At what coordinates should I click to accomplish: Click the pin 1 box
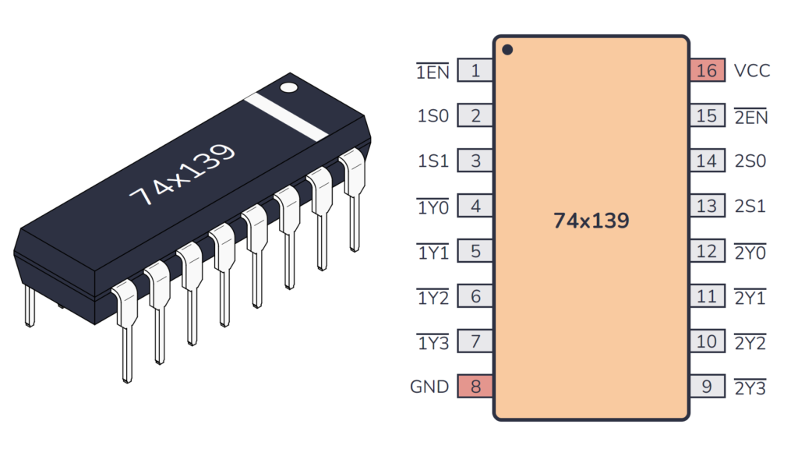pos(475,71)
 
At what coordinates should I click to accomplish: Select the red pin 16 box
pos(707,71)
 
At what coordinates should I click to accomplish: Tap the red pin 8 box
pos(475,387)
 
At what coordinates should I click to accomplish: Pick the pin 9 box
pos(707,387)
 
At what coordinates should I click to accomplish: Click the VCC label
pos(751,71)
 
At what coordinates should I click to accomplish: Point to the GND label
pos(429,387)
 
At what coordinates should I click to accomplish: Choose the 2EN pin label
pos(751,117)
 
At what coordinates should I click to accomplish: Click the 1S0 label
pos(433,116)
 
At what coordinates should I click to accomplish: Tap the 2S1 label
pos(750,207)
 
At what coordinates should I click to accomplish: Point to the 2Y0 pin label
pos(750,253)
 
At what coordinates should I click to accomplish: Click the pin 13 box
pos(707,207)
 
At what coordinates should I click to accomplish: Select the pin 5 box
pos(475,252)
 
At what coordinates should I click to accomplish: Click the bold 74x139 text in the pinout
pos(591,221)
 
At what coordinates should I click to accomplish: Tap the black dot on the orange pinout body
pos(507,50)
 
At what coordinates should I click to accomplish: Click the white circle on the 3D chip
pos(289,86)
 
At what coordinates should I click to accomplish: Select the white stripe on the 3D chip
pos(286,117)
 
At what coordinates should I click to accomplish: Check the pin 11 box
pos(707,297)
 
